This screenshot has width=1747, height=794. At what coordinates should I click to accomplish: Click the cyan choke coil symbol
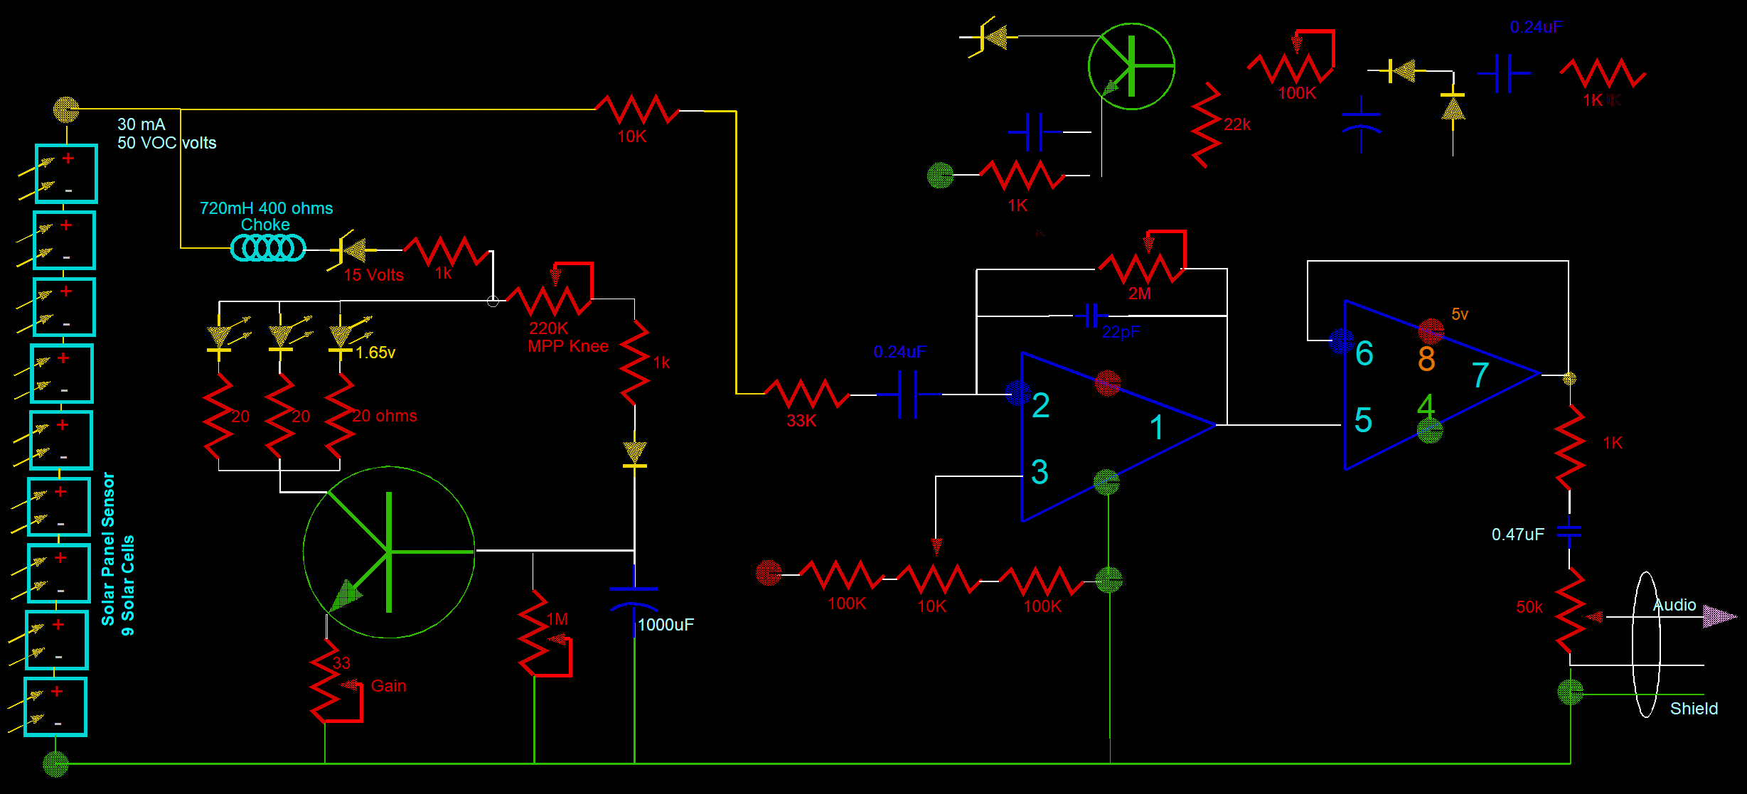coord(268,248)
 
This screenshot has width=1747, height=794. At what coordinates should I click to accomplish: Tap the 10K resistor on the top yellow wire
coord(637,109)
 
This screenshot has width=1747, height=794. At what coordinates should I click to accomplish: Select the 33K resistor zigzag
coord(806,394)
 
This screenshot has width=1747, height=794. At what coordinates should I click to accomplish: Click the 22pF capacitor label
coord(1121,332)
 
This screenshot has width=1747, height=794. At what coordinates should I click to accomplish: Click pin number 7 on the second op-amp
coord(1480,375)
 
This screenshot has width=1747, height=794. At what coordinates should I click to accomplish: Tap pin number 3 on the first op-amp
coord(1040,472)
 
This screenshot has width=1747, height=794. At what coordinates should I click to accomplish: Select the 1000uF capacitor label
coord(666,625)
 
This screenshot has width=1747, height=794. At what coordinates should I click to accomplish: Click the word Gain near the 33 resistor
coord(389,686)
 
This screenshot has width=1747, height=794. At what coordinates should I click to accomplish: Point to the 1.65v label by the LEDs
coord(375,353)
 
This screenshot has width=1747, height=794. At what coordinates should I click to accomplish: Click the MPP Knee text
coord(567,346)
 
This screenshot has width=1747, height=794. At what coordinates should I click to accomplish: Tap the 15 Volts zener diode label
coord(373,275)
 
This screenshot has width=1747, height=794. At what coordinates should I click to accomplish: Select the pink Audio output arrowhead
coord(1719,616)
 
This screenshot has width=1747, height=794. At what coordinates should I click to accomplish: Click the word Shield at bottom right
coord(1694,709)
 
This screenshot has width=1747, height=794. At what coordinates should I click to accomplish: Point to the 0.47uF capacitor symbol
coord(1569,532)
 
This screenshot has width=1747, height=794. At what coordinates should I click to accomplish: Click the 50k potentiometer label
coord(1529,607)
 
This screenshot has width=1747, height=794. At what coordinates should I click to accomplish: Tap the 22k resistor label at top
coord(1236,124)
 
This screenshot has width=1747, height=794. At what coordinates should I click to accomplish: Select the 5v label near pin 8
coord(1460,314)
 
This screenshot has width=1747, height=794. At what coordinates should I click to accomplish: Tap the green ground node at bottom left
coord(55,764)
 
